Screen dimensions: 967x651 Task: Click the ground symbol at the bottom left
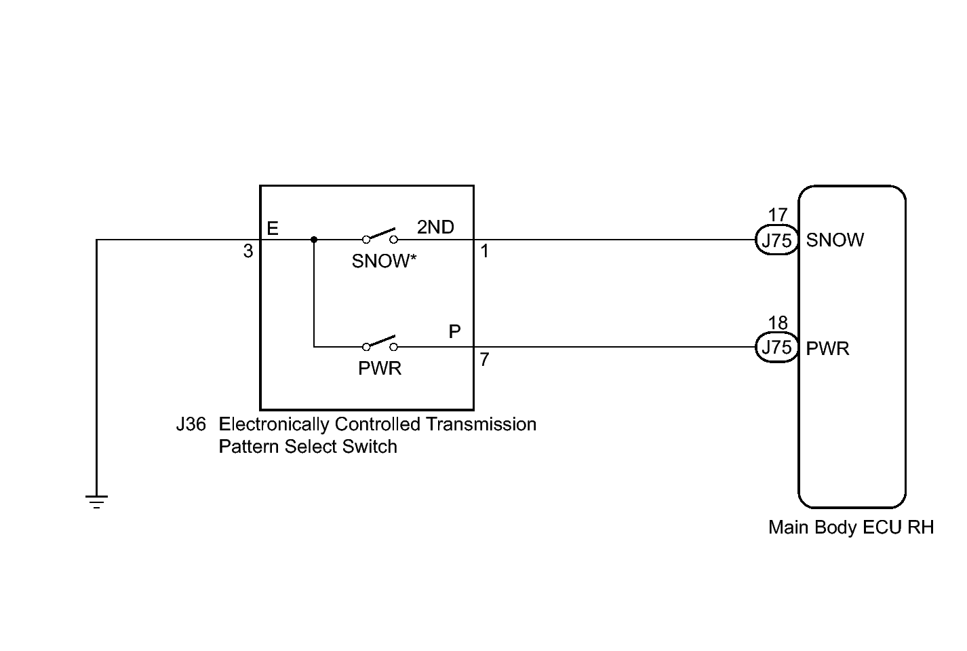tap(96, 501)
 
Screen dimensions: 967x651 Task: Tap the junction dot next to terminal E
tap(314, 240)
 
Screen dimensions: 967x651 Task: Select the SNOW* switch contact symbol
tap(380, 236)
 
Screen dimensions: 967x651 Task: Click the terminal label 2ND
tap(435, 227)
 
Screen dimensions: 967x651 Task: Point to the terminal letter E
tap(273, 228)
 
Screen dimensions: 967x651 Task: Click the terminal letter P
tap(454, 331)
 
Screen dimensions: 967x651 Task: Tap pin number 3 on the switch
tap(248, 251)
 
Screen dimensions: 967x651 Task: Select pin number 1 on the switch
tap(484, 251)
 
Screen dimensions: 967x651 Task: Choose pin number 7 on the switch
tap(484, 359)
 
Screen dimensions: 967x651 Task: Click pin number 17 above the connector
tap(778, 215)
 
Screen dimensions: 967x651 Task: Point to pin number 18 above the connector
tap(778, 322)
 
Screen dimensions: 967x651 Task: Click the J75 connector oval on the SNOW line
tap(776, 240)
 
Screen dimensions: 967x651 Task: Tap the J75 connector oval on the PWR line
tap(776, 347)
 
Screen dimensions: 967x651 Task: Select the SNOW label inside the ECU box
tap(835, 240)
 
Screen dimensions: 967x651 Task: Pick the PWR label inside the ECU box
tap(827, 348)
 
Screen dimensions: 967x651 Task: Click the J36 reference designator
tap(191, 424)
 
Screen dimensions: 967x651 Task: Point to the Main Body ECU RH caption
tap(851, 527)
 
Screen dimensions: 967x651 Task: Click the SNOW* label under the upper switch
tap(384, 261)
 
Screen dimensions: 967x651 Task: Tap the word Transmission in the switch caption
tap(481, 424)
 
